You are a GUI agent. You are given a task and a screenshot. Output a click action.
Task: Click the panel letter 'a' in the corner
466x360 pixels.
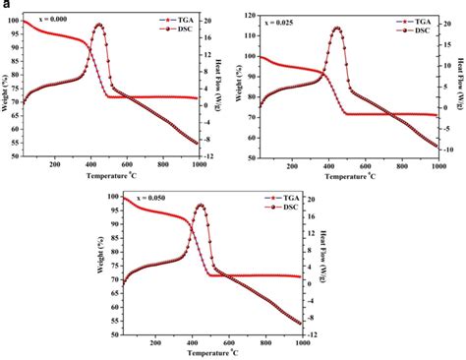[x=5, y=5]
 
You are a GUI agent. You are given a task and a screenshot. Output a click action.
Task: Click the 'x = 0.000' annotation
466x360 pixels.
[x=55, y=18]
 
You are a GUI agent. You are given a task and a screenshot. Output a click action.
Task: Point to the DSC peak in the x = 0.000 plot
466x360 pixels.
[x=98, y=25]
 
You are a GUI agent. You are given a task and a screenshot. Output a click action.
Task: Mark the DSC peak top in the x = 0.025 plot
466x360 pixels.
[x=337, y=28]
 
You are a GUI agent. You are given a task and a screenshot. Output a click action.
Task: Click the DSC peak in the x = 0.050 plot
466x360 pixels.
[x=201, y=205]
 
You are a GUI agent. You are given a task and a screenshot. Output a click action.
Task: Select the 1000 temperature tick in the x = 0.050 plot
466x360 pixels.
[x=298, y=342]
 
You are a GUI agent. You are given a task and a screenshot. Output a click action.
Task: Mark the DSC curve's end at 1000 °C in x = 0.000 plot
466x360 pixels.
[x=198, y=143]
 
